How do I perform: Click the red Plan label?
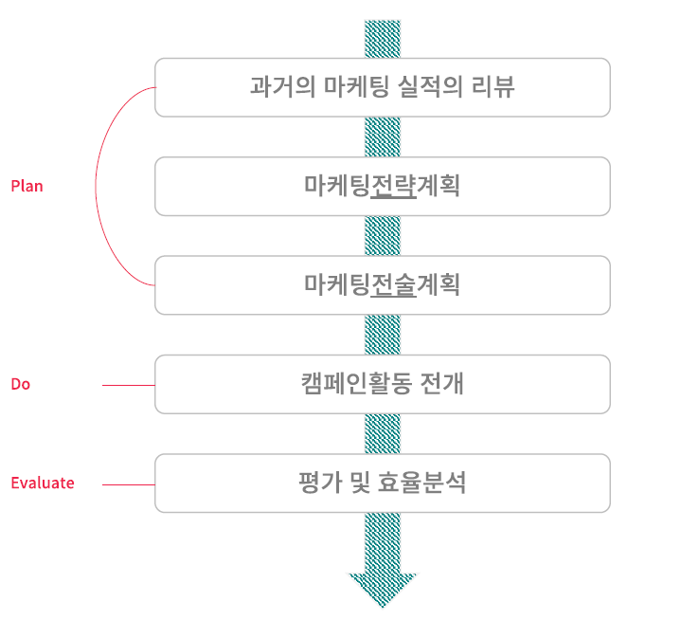click(x=27, y=186)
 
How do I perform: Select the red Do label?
click(x=20, y=384)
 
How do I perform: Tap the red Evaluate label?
click(x=42, y=483)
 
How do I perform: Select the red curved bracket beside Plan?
click(x=97, y=186)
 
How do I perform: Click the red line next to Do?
click(x=128, y=385)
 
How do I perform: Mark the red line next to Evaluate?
click(x=128, y=484)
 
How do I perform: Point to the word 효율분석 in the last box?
click(x=430, y=483)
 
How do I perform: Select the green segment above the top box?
click(x=383, y=39)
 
